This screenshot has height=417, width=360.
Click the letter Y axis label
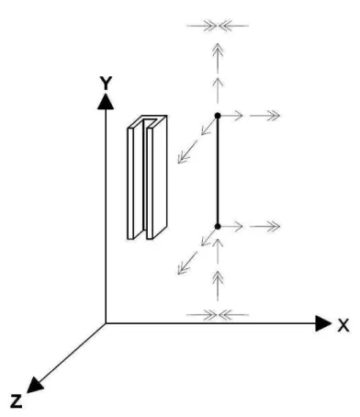click(107, 83)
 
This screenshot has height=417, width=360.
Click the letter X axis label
click(343, 325)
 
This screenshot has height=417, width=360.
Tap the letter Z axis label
click(17, 401)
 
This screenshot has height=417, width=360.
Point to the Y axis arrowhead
click(106, 101)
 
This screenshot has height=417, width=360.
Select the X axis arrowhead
click(323, 323)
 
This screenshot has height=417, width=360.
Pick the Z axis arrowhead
click(35, 385)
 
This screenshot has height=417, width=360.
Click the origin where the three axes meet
click(106, 323)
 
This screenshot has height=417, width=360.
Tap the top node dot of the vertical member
click(218, 116)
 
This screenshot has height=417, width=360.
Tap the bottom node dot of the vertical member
click(218, 227)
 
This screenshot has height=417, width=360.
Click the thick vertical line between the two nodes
click(218, 171)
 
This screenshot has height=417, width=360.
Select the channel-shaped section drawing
click(147, 177)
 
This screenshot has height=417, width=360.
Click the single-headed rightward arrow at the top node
click(231, 116)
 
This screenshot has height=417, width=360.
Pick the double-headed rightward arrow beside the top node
click(264, 116)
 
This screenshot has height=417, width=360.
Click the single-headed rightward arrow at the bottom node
click(231, 227)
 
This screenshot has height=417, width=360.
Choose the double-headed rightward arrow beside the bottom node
click(264, 227)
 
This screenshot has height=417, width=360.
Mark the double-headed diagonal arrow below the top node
click(187, 152)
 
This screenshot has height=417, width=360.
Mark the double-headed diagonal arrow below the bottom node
click(187, 263)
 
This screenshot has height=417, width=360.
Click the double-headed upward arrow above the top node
click(218, 58)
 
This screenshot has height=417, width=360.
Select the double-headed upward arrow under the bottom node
click(218, 286)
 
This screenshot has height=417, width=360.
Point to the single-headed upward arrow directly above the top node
click(218, 90)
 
